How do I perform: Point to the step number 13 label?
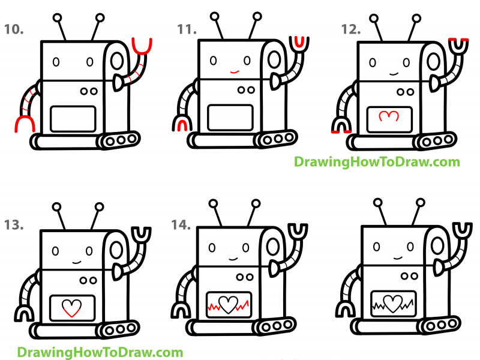click(14, 226)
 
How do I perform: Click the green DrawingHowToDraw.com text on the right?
click(376, 161)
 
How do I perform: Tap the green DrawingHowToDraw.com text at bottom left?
click(100, 352)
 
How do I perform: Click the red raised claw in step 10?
click(143, 46)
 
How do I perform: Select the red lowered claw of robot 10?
click(23, 124)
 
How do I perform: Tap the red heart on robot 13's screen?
click(71, 308)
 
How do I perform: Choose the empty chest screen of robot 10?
click(73, 118)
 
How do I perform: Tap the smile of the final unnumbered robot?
click(393, 262)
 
